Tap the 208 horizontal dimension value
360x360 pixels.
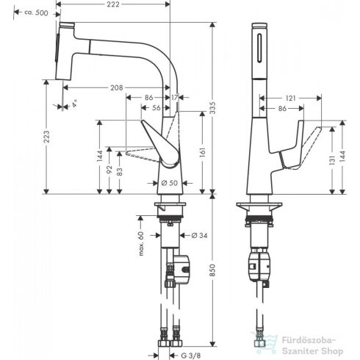115,87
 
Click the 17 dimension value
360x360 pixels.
174,97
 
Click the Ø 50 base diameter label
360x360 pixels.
169,182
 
